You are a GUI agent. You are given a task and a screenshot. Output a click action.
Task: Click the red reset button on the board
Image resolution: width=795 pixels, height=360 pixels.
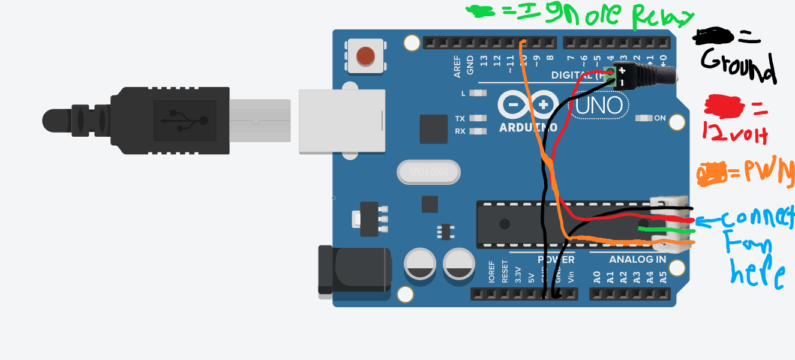365,56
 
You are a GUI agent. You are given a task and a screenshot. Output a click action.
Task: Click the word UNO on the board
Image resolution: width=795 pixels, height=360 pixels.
602,106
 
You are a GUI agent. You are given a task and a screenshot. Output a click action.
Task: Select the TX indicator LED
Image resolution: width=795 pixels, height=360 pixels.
478,119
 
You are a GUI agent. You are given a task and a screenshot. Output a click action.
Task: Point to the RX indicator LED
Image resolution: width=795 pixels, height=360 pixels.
478,131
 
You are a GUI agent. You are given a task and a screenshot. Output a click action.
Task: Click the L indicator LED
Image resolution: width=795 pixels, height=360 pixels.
478,94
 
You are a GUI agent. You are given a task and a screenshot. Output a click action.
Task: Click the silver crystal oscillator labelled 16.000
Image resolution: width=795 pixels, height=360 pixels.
428,173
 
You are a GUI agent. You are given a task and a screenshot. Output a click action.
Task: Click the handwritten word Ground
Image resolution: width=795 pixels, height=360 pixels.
737,66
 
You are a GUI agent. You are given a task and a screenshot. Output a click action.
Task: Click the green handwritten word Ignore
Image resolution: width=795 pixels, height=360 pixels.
575,16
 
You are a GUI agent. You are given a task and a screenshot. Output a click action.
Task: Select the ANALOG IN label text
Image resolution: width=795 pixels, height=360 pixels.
637,260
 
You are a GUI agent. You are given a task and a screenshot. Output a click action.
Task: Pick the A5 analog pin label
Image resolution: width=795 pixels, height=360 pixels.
662,277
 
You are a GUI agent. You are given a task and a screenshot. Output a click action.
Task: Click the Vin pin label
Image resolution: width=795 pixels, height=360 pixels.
571,277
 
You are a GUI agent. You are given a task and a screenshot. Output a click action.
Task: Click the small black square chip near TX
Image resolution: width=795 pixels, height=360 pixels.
434,129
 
